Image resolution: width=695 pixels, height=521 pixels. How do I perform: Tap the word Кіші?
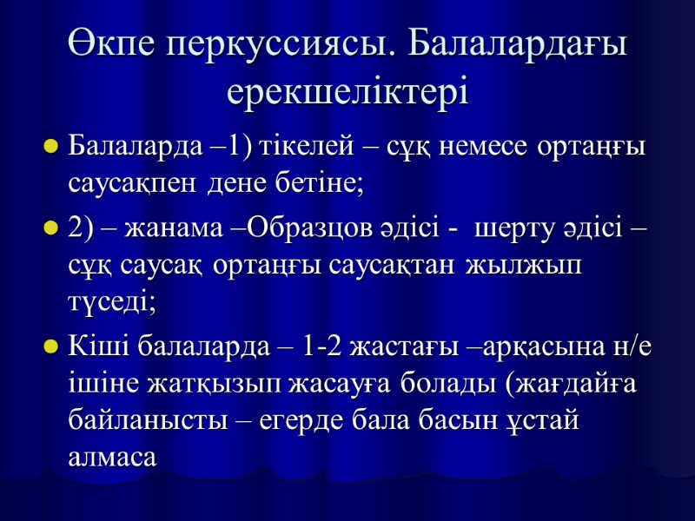pyautogui.click(x=94, y=350)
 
